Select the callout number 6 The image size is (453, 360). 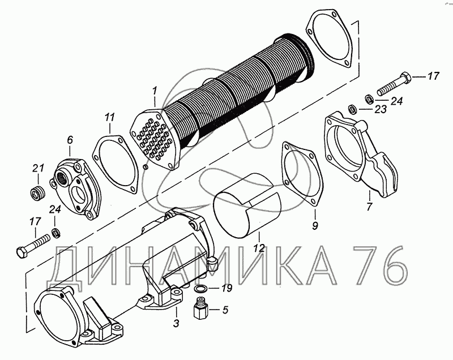coord(70,139)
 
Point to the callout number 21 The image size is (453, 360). coord(38,168)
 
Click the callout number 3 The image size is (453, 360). coord(176,323)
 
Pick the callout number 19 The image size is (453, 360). coord(226,289)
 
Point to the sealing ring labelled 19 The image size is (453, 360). coord(200,290)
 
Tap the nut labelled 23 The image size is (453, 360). coord(351,108)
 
